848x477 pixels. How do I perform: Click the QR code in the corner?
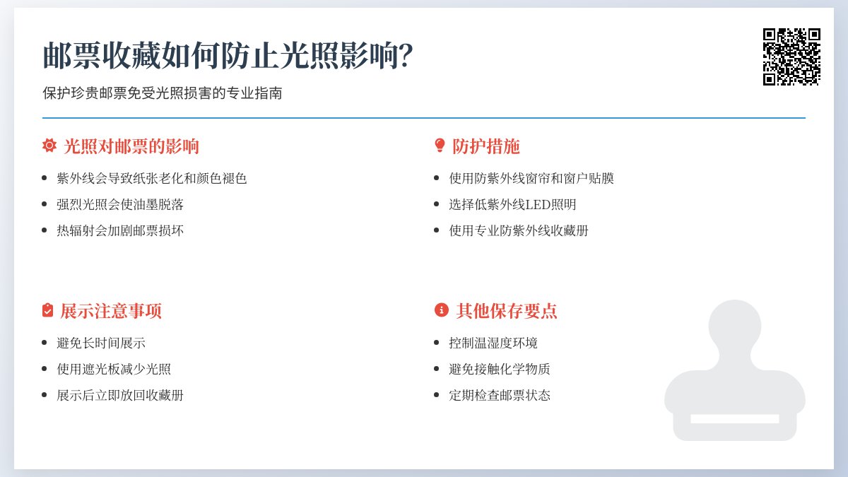coord(791,57)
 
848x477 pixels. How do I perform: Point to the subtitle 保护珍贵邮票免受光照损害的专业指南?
coord(162,93)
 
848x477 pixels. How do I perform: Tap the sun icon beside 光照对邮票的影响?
coord(49,146)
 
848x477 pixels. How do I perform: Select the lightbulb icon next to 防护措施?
coord(440,146)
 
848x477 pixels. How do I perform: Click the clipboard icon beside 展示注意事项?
coord(48,310)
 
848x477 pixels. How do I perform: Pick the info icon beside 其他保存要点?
coord(441,310)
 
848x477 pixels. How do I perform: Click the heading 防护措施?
coord(486,146)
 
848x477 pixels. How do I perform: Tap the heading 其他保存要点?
coord(507,311)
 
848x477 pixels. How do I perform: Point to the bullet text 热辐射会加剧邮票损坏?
coord(120,230)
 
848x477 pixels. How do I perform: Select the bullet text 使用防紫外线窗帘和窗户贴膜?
coord(531,178)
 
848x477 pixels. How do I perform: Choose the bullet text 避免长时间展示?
coord(101,343)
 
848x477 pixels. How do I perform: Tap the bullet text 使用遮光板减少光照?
coord(114,369)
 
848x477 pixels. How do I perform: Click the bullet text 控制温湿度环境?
coord(493,343)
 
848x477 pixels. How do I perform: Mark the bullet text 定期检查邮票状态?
coord(500,395)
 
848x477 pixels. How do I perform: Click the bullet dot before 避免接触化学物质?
coord(439,370)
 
